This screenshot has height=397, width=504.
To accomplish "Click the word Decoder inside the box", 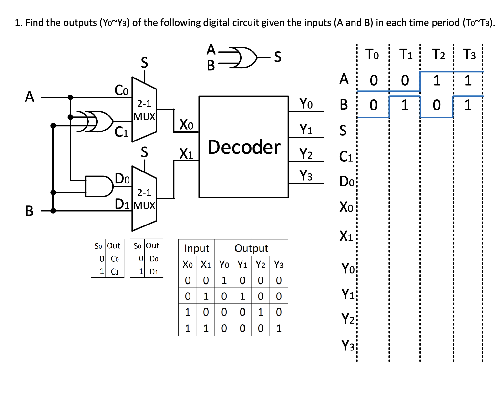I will [x=244, y=147].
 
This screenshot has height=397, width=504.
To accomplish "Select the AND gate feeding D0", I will [x=99, y=186].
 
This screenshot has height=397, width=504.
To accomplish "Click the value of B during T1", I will [x=405, y=105].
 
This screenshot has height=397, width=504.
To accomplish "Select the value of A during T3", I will [x=468, y=80].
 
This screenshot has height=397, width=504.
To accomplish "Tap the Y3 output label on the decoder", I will [x=306, y=175].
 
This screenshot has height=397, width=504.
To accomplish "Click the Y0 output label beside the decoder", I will [x=306, y=103].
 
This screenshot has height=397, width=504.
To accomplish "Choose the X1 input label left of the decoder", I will [x=186, y=153].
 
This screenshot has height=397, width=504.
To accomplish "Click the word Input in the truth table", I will [x=197, y=248].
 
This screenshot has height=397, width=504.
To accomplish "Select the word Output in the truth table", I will [x=251, y=248].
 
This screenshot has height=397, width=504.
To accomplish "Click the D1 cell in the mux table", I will [x=154, y=272].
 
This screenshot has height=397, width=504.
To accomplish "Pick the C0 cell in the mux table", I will [x=115, y=259].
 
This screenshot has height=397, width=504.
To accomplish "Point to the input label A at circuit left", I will [x=29, y=97].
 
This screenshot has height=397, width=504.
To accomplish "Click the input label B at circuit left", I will [x=29, y=211].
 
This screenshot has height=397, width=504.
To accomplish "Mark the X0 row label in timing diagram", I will [x=346, y=207].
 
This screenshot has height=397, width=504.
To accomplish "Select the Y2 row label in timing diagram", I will [x=348, y=319].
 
